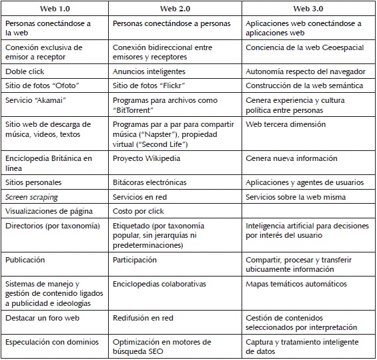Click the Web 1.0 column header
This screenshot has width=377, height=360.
tap(54, 8)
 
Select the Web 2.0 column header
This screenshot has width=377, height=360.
tap(175, 8)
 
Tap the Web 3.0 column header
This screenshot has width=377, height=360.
tap(308, 8)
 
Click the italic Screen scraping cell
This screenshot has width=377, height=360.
tap(31, 197)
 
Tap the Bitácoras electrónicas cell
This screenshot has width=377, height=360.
tap(149, 182)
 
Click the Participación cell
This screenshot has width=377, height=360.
tap(135, 260)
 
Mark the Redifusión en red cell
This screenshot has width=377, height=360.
tap(143, 318)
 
